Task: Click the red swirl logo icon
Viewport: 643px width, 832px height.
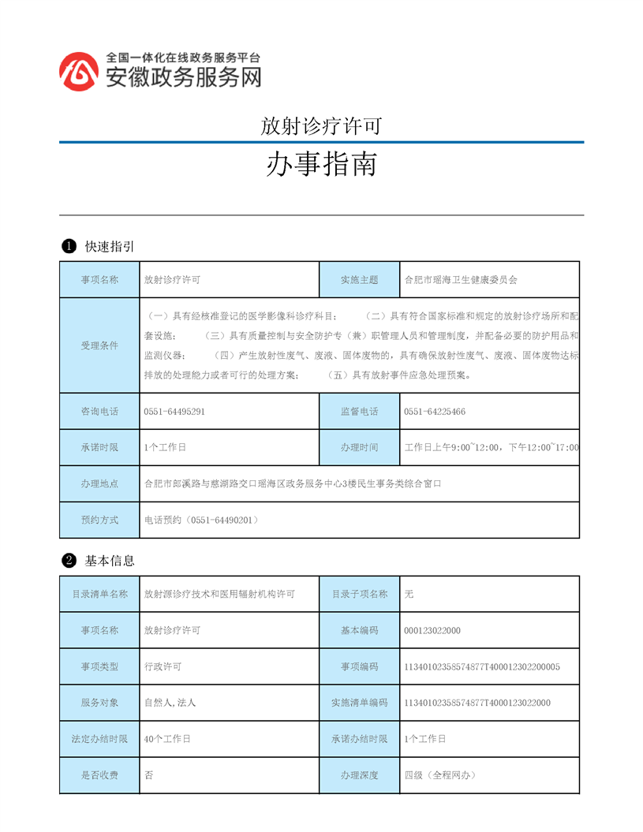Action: (x=80, y=72)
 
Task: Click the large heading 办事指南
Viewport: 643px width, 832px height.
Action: (x=321, y=164)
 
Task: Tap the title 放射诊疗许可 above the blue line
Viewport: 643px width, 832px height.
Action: (x=321, y=125)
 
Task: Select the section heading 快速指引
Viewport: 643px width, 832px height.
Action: (x=110, y=247)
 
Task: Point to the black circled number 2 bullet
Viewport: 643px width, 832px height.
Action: (x=69, y=561)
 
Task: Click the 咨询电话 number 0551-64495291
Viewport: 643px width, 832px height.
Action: (x=175, y=412)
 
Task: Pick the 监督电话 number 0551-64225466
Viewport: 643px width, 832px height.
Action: (x=435, y=412)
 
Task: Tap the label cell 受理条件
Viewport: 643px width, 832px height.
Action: (x=99, y=345)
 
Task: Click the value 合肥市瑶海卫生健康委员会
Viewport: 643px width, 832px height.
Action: (x=461, y=279)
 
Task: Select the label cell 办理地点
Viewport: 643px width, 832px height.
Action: (x=99, y=483)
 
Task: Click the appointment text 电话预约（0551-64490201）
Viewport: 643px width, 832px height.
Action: (x=202, y=520)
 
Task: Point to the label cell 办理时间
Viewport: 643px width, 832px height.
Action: (x=359, y=447)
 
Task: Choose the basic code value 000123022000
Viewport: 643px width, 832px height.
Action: (x=432, y=630)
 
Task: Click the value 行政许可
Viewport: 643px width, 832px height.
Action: (x=163, y=666)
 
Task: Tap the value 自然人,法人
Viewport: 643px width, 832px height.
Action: (x=170, y=703)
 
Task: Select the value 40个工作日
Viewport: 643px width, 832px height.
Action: (x=168, y=739)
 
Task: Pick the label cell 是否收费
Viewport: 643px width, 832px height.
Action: (x=99, y=775)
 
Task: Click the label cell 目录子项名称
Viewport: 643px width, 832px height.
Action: (x=359, y=594)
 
